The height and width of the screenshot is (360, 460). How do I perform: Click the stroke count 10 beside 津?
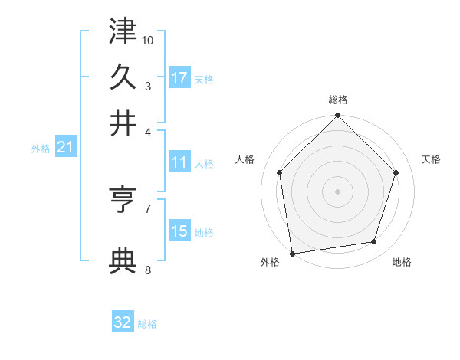[x=148, y=39]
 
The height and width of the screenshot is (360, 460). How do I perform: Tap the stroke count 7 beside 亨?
[x=148, y=208]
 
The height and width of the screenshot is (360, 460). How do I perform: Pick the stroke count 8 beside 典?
[x=148, y=270]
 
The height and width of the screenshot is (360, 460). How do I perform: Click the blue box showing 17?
[x=179, y=77]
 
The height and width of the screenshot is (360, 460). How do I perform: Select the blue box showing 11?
[x=179, y=162]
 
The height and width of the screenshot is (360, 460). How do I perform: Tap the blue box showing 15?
[x=179, y=231]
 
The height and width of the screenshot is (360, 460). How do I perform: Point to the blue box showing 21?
[x=65, y=147]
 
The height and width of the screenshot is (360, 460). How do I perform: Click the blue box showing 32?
[x=123, y=322]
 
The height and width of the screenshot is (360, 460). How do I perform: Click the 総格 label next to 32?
[x=147, y=324]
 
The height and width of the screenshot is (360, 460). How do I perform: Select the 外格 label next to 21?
[x=41, y=149]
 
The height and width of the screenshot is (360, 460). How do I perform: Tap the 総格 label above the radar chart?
[x=338, y=100]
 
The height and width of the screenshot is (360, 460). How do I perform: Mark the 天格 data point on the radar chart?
[x=396, y=172]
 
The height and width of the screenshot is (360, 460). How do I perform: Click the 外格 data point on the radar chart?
[x=292, y=253]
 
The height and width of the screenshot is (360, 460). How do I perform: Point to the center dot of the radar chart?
[x=338, y=191]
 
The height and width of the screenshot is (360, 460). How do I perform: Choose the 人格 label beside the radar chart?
[x=246, y=159]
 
